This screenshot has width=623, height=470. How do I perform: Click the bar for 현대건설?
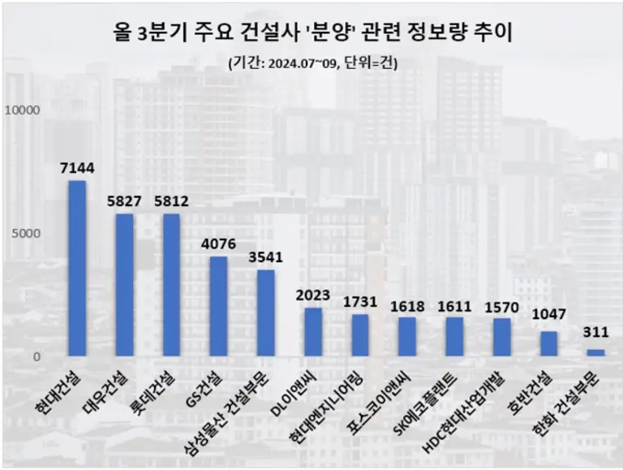point(77,268)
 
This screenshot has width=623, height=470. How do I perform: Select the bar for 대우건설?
point(124,285)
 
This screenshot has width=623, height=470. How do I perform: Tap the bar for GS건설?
point(218,307)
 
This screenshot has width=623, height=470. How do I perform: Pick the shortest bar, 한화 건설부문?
point(596,352)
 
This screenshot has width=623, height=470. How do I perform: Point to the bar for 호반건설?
point(549,343)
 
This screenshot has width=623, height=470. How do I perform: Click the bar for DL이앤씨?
point(313,332)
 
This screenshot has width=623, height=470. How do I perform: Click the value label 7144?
point(77,168)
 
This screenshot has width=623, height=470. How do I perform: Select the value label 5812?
point(171,201)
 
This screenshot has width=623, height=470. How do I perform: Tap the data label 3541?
point(265,257)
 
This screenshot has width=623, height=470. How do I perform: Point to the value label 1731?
point(360,302)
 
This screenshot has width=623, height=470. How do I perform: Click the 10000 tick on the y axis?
point(24,110)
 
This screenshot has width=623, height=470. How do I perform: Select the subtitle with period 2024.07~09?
point(312,63)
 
